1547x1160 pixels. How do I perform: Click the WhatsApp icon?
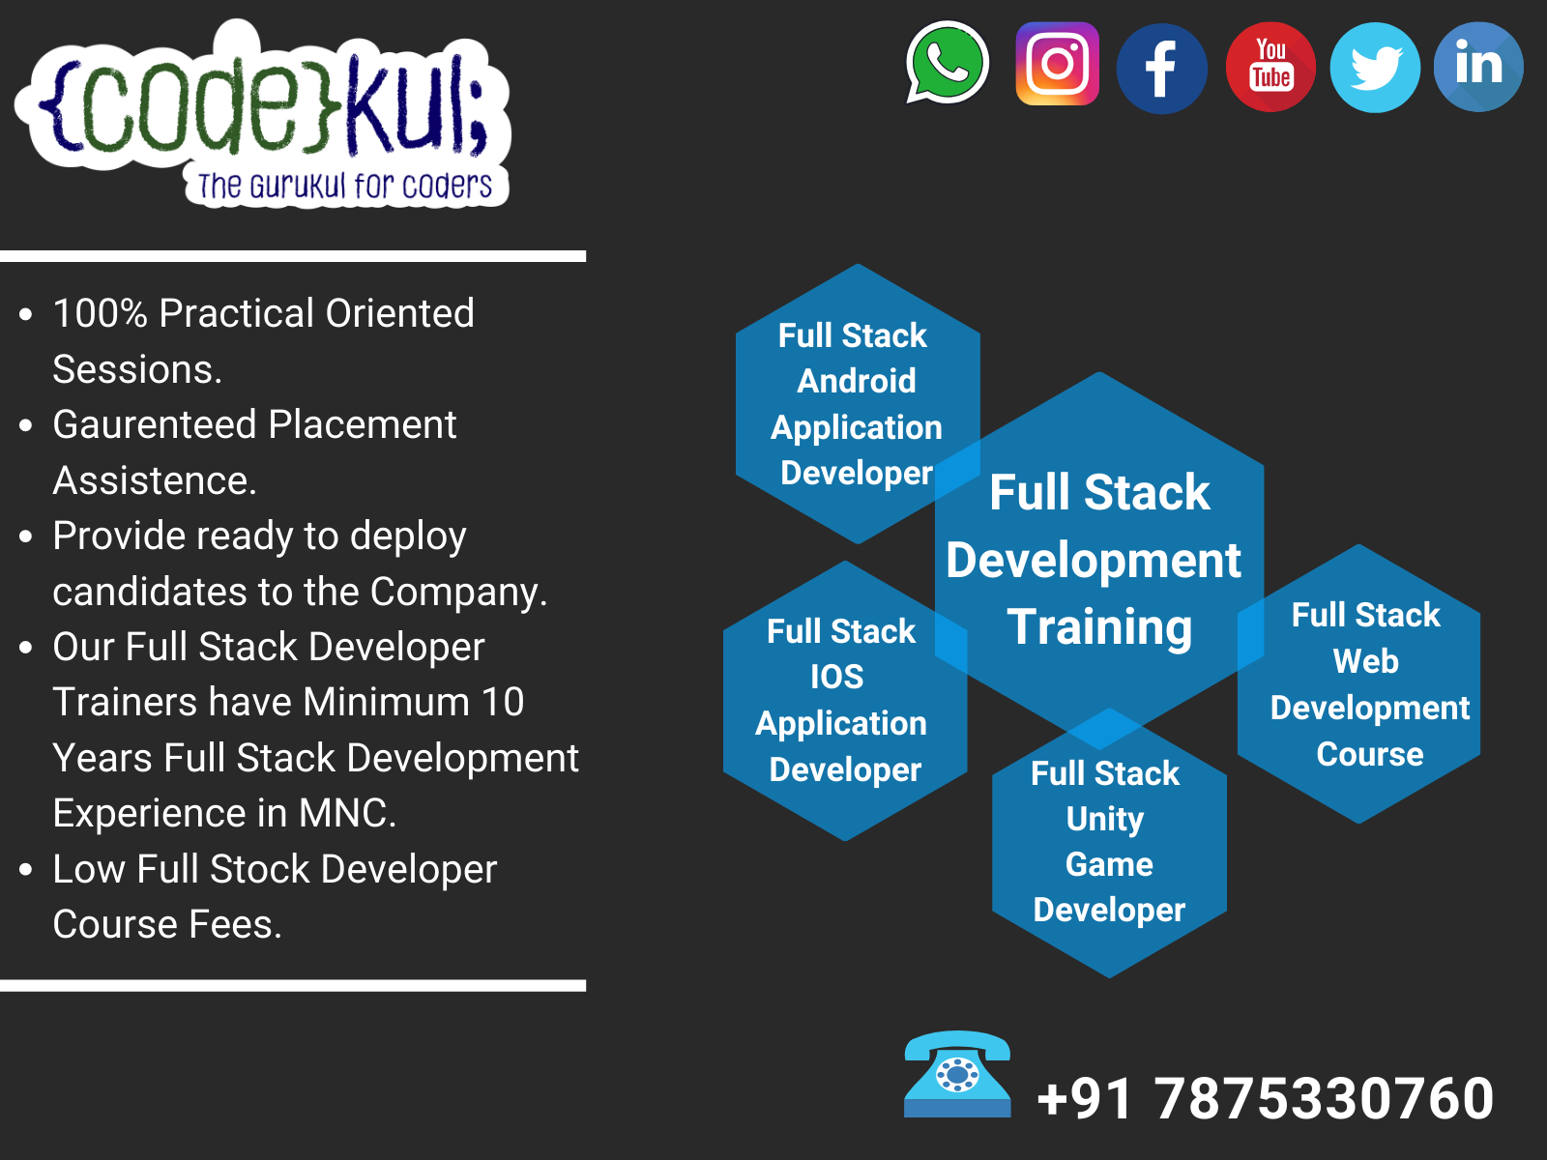click(948, 63)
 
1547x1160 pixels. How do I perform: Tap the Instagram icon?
click(1058, 64)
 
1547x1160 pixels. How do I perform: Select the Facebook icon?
click(1161, 69)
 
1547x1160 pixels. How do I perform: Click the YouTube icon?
click(1270, 67)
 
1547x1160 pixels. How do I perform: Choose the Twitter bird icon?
click(1375, 68)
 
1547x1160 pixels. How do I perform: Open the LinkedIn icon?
click(1478, 67)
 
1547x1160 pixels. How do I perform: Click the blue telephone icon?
click(957, 1074)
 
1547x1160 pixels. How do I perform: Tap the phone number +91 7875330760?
click(1265, 1099)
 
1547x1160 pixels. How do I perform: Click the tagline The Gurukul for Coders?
click(345, 186)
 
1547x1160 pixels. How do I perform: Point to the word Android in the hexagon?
click(857, 381)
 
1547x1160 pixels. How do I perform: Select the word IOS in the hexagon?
click(837, 677)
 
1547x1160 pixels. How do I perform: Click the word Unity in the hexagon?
click(1105, 819)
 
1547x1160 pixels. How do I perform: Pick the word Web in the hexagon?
click(1365, 661)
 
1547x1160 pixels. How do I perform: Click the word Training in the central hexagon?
click(1099, 627)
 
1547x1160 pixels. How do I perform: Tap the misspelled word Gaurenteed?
click(154, 425)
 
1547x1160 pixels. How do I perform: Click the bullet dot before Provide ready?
click(26, 536)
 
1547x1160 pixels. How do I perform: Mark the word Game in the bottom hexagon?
click(1109, 864)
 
